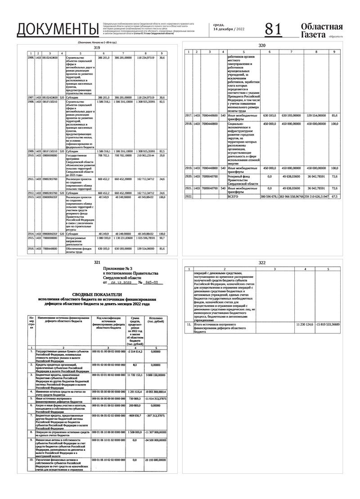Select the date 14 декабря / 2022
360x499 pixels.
[229, 29]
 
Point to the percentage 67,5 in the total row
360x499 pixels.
[334, 197]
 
